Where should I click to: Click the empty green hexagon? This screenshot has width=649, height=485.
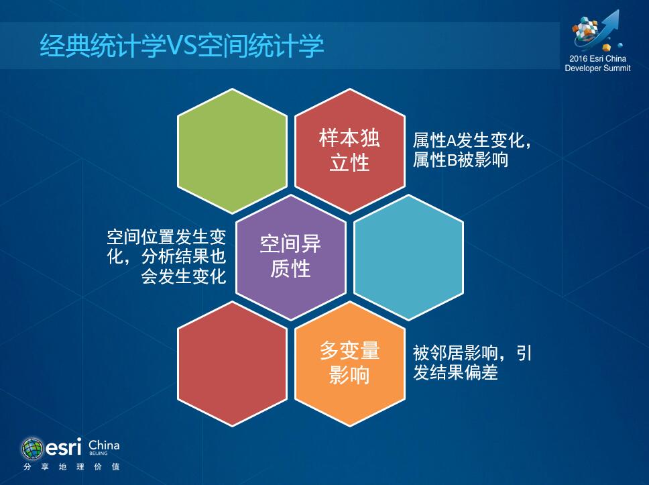pos(232,151)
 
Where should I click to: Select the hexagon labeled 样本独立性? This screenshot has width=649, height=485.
pos(350,151)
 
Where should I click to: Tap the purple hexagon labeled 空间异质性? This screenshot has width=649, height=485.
pos(290,257)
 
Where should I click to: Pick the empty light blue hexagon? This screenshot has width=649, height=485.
pos(408,257)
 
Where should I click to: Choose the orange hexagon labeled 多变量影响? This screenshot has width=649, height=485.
pos(350,364)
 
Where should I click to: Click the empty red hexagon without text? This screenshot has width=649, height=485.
pos(232,364)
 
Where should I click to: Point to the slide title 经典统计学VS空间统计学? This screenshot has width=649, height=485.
pos(182,45)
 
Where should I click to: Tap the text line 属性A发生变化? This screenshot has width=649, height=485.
pos(472,140)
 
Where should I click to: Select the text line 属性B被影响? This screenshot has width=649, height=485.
pos(460,160)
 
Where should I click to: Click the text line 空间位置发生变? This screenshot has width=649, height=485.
pos(166,237)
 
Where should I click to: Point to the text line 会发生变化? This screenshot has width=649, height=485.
pos(183,276)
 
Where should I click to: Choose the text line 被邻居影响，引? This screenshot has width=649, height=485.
pos(472,353)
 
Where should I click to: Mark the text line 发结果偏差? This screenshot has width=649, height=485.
pos(455,372)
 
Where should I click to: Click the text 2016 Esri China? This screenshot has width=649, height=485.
pos(597,59)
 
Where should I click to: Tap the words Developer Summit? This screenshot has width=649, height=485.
pos(597,68)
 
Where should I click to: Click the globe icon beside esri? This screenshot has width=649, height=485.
pos(32,448)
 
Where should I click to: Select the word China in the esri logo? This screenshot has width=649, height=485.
pos(104,445)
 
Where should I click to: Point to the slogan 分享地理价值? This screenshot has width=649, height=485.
pos(72,467)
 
